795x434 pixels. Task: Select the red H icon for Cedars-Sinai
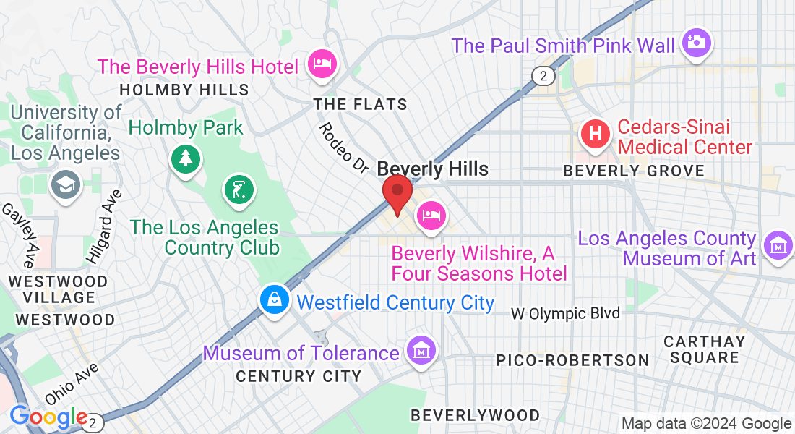point(596,134)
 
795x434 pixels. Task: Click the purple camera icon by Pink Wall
point(696,42)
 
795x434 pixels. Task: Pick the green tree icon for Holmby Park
point(186,157)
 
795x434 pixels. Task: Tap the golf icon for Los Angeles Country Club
point(239,190)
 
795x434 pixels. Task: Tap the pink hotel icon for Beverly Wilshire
point(431,215)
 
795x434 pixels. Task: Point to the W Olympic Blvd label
point(565,313)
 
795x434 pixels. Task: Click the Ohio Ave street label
point(71,383)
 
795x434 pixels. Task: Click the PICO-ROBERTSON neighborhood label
point(572,359)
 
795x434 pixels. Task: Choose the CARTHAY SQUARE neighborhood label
point(704,349)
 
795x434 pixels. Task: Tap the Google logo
point(48,417)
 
